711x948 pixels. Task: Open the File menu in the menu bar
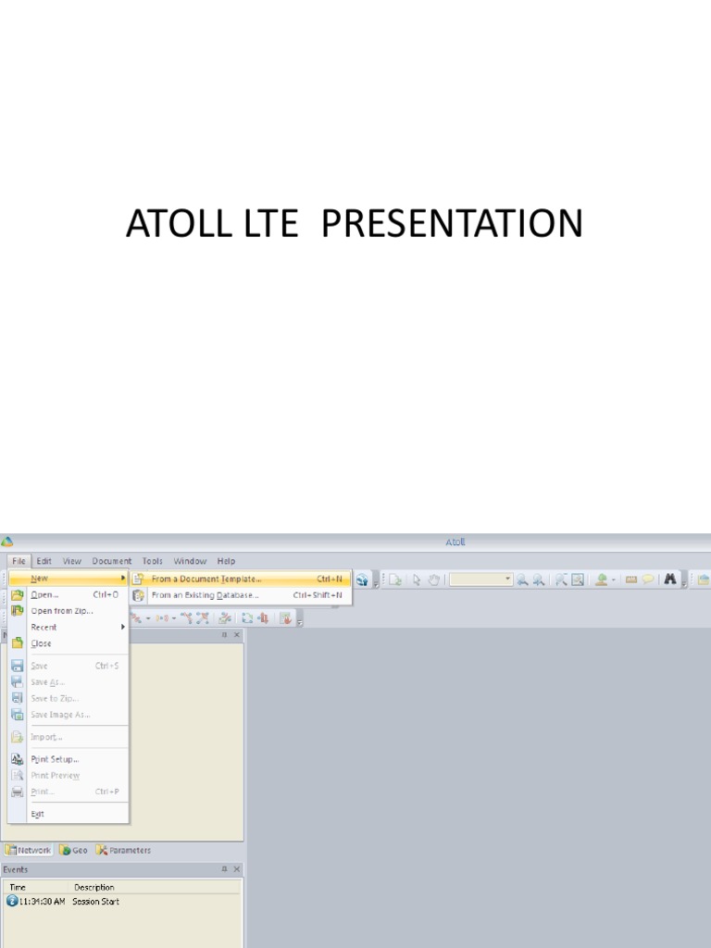click(19, 561)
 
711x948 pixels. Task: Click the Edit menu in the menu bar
click(44, 561)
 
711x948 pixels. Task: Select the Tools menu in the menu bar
click(153, 561)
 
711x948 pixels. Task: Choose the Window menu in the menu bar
click(190, 561)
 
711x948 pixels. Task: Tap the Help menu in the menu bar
click(226, 561)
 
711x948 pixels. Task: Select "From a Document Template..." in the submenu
click(206, 579)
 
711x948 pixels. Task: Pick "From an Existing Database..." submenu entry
click(205, 595)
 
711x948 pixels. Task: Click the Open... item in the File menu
click(44, 595)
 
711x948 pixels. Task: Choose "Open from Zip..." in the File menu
click(61, 611)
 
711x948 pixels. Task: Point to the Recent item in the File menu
click(44, 627)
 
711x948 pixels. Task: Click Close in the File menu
click(42, 643)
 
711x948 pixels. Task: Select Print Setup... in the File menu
click(55, 759)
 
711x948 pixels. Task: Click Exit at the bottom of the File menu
click(38, 814)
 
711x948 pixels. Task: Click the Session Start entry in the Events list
click(96, 901)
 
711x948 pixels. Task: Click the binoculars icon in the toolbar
click(670, 580)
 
